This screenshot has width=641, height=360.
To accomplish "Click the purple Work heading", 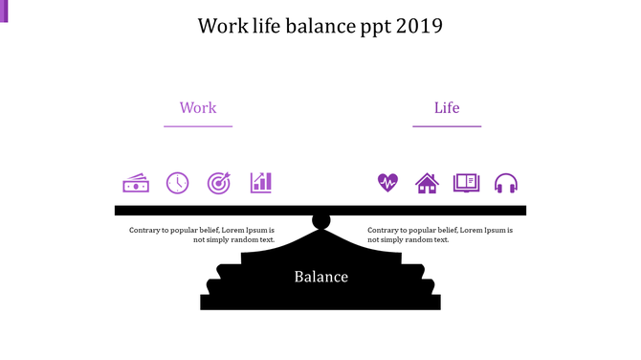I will click(x=198, y=108).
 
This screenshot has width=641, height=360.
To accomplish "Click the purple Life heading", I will click(x=447, y=108).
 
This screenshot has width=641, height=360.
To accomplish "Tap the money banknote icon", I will click(x=136, y=183).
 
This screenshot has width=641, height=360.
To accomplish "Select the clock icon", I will click(x=178, y=183).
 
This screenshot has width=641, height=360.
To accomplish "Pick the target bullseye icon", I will click(x=219, y=183).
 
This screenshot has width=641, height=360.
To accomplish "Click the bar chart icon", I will click(x=261, y=182).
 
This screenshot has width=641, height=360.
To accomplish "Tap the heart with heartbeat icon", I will click(x=387, y=183).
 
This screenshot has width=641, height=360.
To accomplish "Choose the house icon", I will click(x=427, y=183).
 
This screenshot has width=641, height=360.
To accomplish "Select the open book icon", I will click(x=466, y=183).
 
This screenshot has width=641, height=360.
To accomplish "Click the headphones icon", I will click(x=506, y=183).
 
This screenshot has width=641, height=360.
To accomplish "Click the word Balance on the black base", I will click(x=320, y=278).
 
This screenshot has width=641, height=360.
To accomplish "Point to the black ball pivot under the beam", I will click(x=321, y=222).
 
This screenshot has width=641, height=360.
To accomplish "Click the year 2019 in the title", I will click(x=421, y=26).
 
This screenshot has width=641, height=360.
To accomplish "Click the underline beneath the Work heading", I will click(x=198, y=126).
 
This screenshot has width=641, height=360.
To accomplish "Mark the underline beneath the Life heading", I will click(x=447, y=126).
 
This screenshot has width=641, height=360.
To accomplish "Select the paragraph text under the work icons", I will click(x=202, y=235).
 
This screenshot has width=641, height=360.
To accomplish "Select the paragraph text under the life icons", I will click(x=440, y=235).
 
